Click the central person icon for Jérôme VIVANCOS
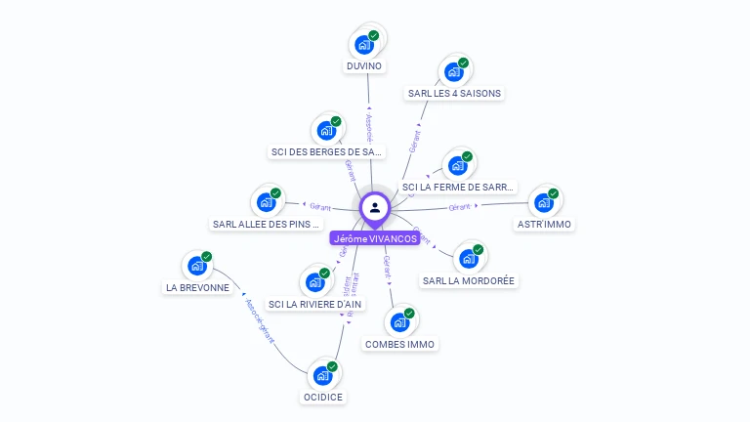coord(375,207)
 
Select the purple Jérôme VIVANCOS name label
coord(375,238)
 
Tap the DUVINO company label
coord(364,66)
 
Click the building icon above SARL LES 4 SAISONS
coord(453,70)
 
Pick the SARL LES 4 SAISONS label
coord(454,94)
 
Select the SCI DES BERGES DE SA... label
coord(326,152)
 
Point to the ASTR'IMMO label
coord(544,225)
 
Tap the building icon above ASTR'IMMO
coord(543,202)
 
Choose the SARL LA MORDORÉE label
coord(468,280)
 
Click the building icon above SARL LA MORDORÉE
coord(468,258)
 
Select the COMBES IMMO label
coord(400,344)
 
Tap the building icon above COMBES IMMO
coord(399,321)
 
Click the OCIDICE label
coord(323,397)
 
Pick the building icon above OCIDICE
coord(322,374)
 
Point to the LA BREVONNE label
coord(197,287)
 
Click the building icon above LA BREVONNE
coord(196,265)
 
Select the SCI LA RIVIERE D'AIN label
coord(315,304)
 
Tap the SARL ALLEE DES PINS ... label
coord(266,225)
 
